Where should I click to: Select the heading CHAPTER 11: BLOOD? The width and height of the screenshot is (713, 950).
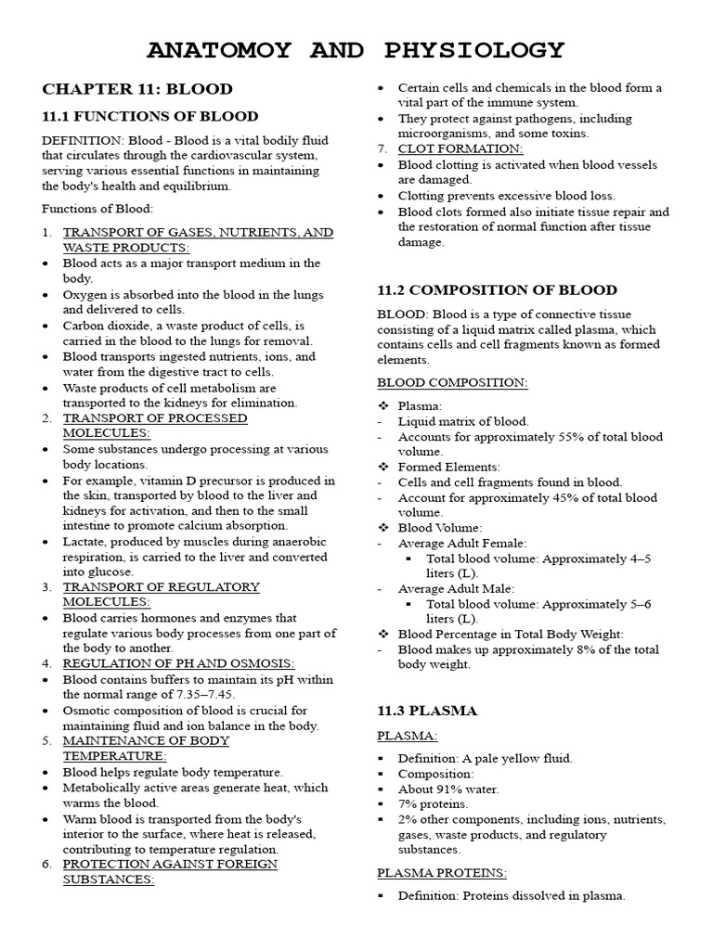136,89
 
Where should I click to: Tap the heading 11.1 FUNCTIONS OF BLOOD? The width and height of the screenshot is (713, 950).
149,116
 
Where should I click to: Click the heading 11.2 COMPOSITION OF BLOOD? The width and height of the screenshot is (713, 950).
497,289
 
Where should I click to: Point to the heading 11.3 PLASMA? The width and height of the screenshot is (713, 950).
427,711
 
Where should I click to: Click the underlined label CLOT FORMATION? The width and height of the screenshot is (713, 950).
460,148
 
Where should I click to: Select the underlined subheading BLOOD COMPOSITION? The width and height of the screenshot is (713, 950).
452,382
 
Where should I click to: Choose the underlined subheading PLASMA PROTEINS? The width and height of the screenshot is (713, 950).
441,872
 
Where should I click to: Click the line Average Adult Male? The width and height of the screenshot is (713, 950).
456,588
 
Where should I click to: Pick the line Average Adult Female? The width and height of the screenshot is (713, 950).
461,543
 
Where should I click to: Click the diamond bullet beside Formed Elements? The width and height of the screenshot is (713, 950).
382,467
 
